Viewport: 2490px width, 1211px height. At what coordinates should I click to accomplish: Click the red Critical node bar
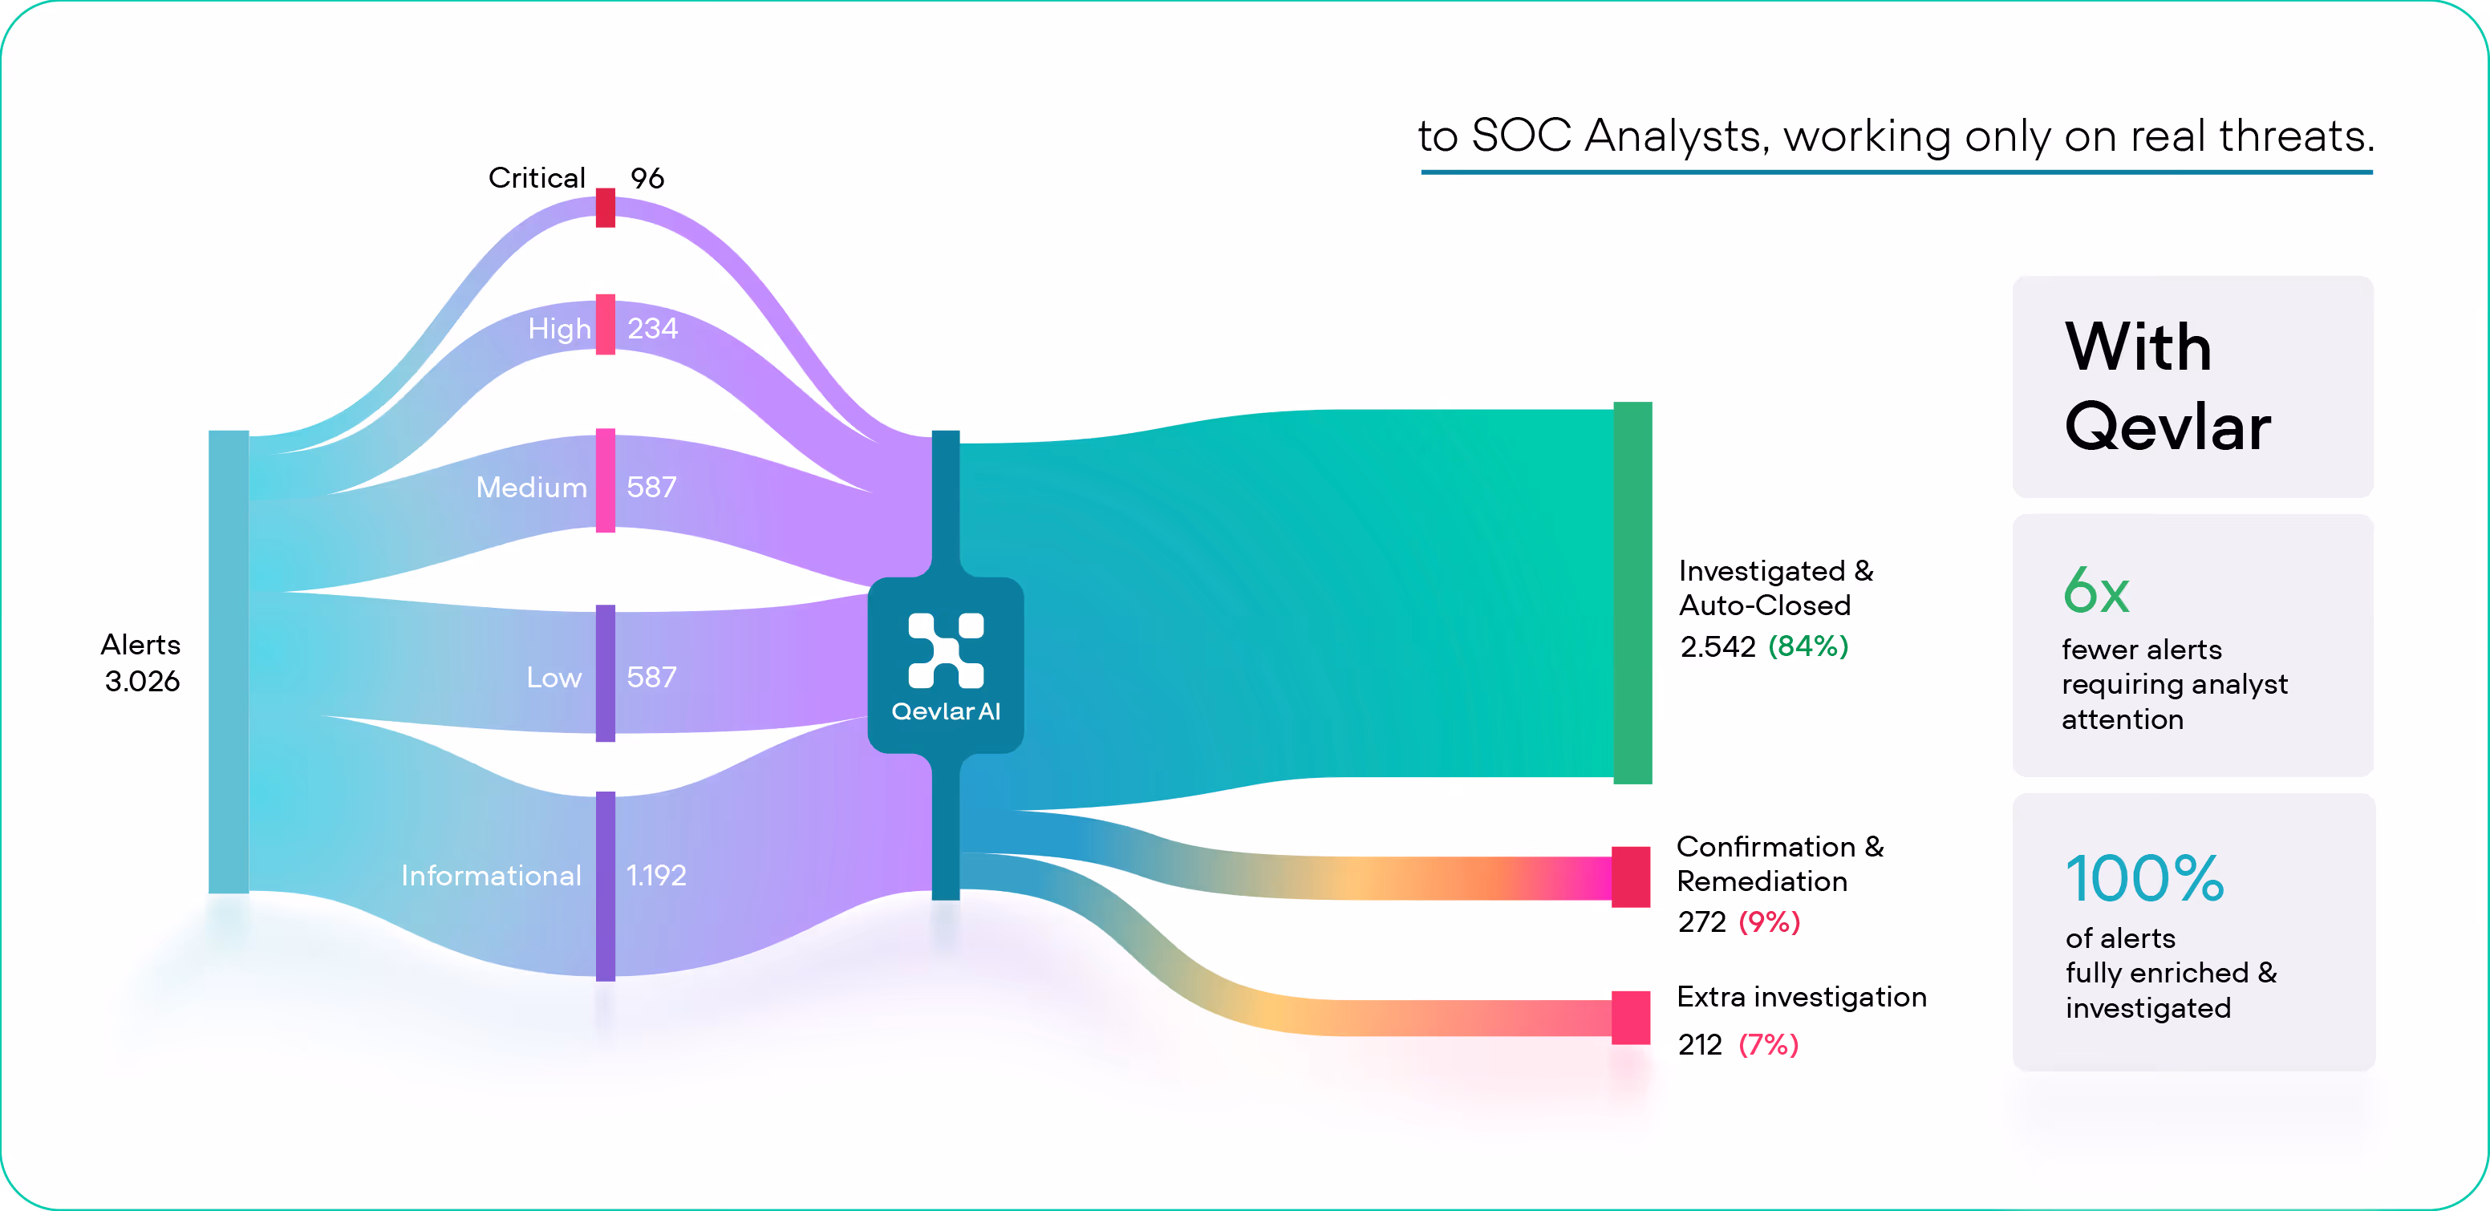tap(605, 208)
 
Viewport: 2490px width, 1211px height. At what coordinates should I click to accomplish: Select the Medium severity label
tap(531, 487)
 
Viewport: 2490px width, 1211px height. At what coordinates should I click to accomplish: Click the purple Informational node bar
tap(605, 885)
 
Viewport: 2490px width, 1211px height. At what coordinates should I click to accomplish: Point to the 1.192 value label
tap(656, 876)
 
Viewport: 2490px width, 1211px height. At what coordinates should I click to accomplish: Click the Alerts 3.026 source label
tap(142, 663)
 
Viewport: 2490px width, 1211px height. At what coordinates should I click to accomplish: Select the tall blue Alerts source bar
tap(228, 661)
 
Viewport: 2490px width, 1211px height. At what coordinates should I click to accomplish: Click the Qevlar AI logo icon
tap(945, 650)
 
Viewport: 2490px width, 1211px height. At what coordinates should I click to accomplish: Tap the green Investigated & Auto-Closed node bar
tap(1632, 592)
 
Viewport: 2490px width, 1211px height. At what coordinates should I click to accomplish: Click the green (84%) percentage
tap(1807, 646)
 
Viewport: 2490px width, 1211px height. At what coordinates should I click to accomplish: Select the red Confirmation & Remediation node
tap(1631, 877)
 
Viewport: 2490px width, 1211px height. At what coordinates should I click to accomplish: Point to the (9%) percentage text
tap(1769, 922)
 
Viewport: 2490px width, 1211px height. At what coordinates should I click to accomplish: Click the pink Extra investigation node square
tap(1631, 1017)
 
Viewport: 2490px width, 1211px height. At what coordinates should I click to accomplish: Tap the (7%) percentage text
tap(1768, 1045)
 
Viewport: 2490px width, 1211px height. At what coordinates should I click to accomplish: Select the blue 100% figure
tap(2144, 878)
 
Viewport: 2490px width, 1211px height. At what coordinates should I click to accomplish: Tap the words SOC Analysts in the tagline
tap(1619, 136)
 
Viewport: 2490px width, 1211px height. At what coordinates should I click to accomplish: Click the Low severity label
tap(554, 678)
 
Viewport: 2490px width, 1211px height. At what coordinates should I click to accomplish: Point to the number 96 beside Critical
tap(647, 178)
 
